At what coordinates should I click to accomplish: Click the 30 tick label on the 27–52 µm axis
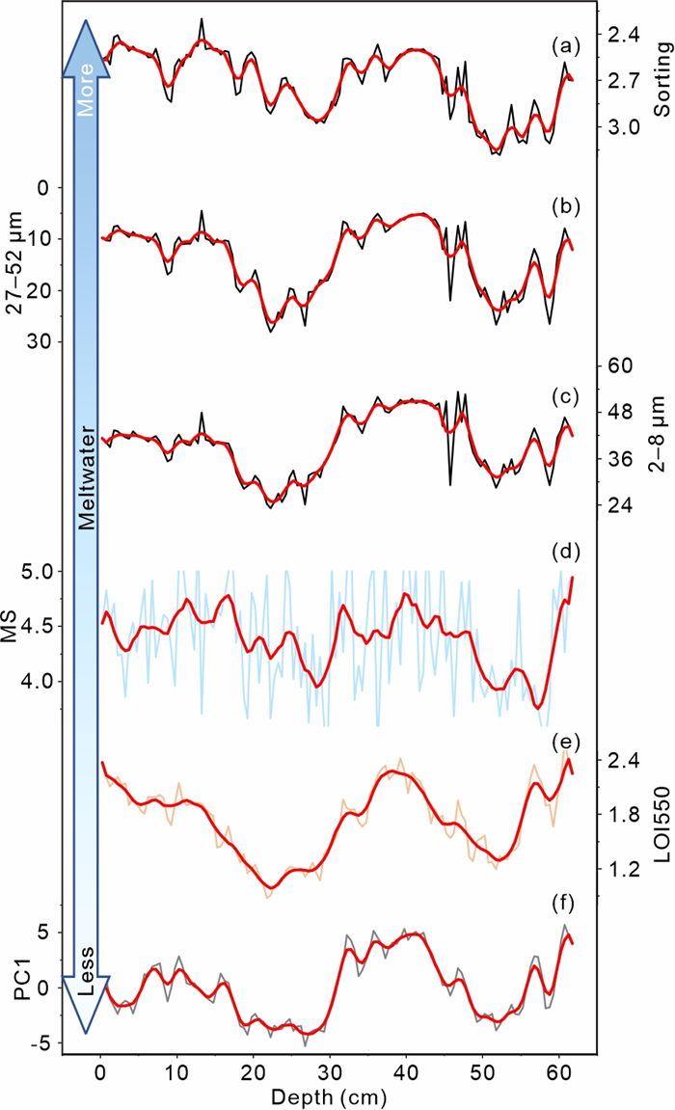coord(45,341)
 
